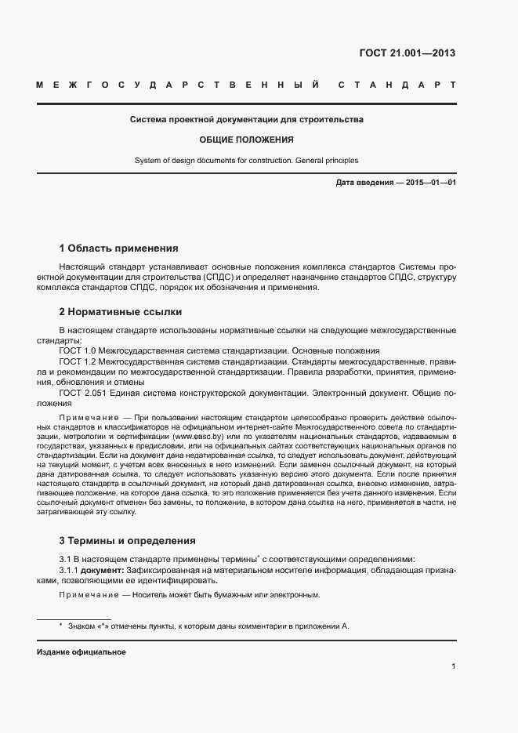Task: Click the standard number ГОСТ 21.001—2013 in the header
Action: (406, 53)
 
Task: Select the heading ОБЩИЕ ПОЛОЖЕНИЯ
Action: (246, 140)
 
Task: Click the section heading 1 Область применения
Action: (118, 249)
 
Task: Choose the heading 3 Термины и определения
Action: (127, 541)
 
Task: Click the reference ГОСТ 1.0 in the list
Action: (77, 350)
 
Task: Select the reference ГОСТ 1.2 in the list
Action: (77, 361)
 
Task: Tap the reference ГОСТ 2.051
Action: (81, 392)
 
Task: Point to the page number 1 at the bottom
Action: (454, 666)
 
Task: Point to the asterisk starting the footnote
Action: (60, 625)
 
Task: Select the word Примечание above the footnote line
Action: (85, 595)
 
